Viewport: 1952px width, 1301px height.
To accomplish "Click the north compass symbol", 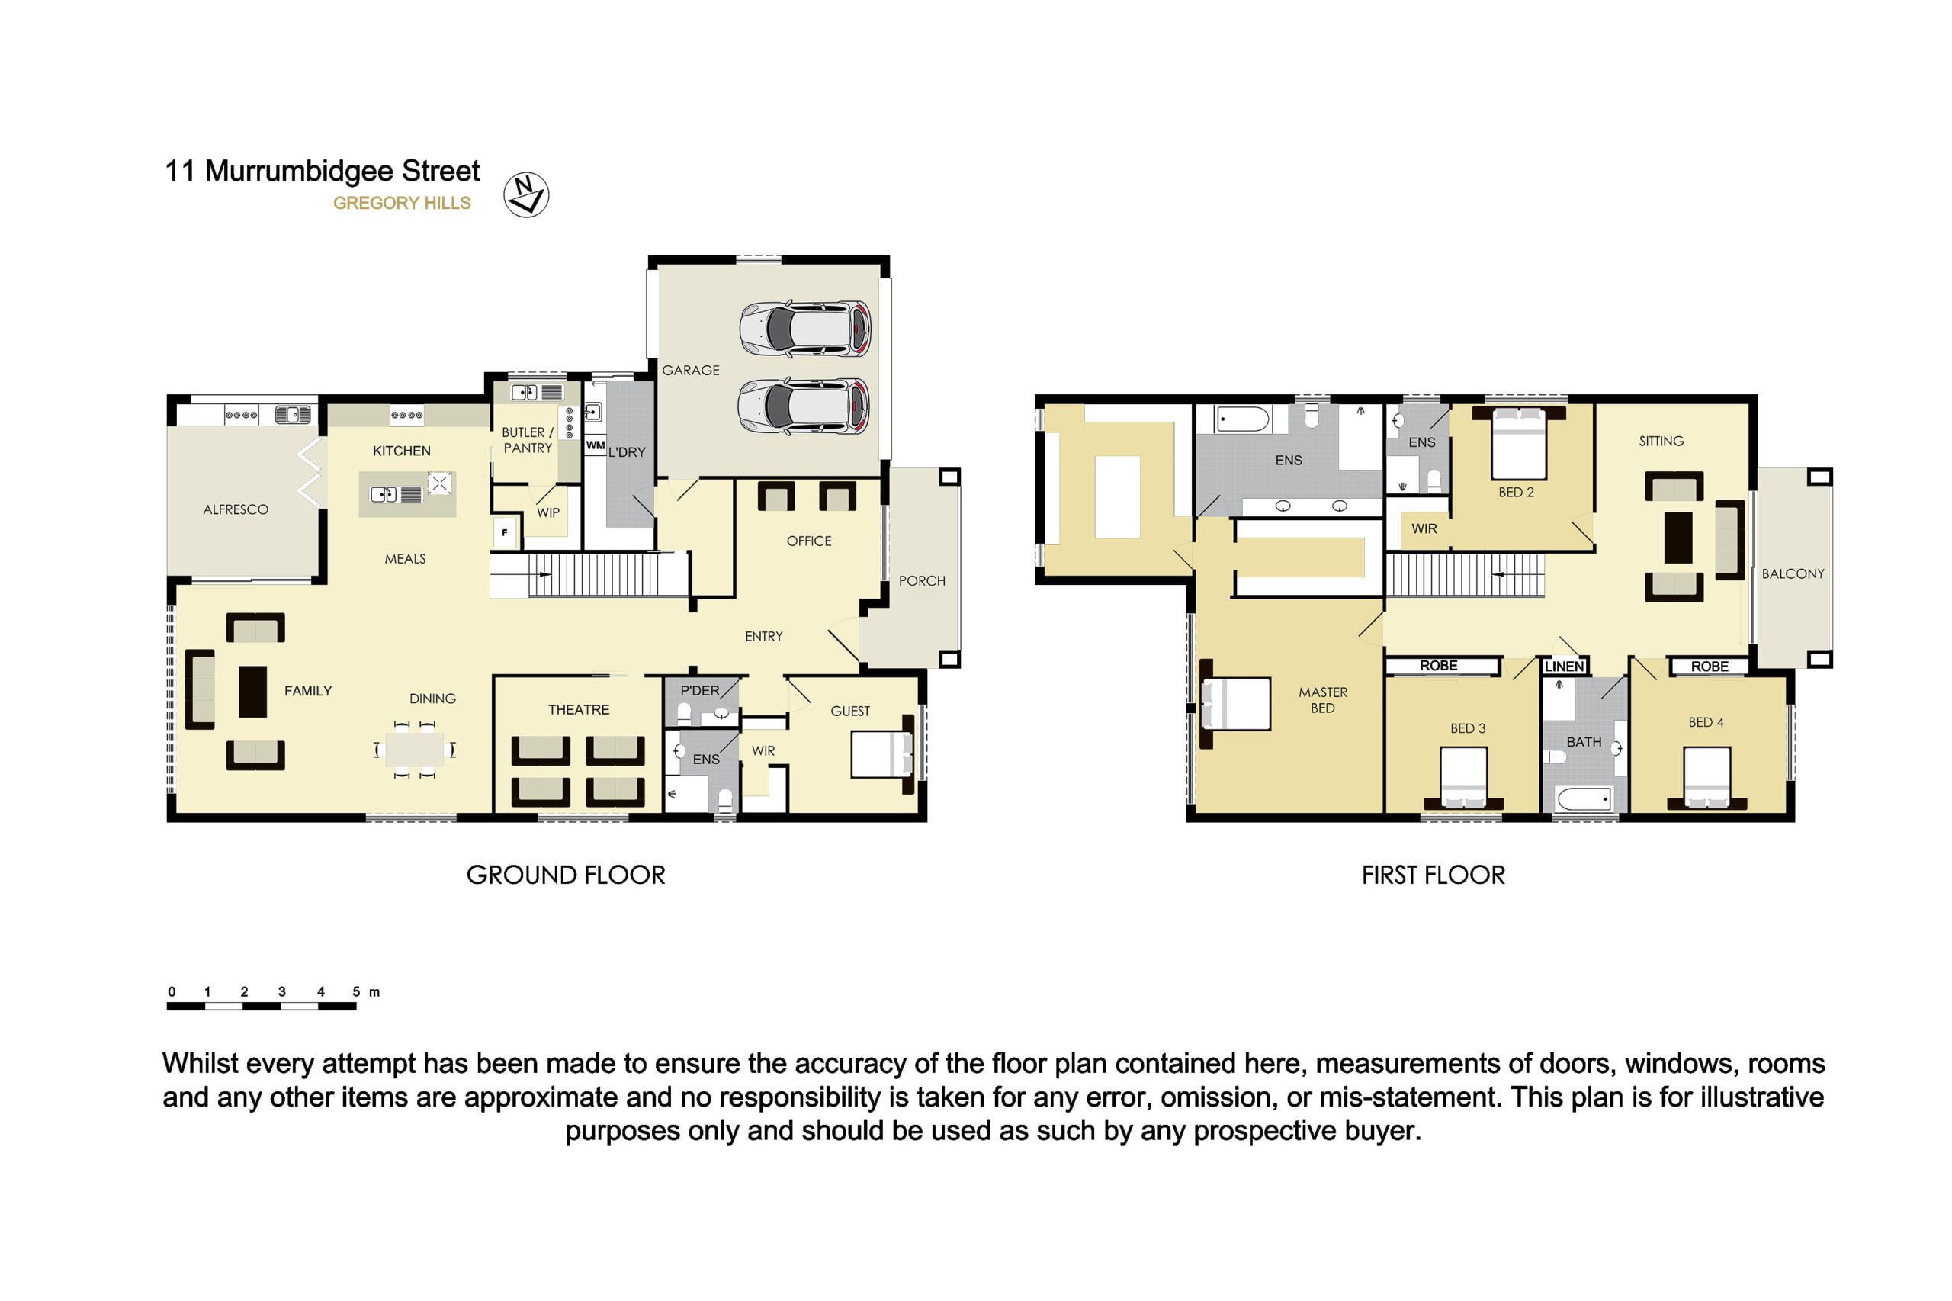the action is pyautogui.click(x=526, y=195).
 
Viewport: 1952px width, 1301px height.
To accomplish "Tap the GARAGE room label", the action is pyautogui.click(x=690, y=370).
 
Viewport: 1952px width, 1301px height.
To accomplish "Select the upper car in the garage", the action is pyautogui.click(x=804, y=329).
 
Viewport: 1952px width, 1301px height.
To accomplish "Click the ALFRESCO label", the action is pyautogui.click(x=236, y=509).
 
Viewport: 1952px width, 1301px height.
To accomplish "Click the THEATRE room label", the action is pyautogui.click(x=578, y=709).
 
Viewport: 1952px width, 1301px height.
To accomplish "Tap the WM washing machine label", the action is pyautogui.click(x=595, y=445).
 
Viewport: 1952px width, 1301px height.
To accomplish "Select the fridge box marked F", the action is pyautogui.click(x=504, y=533).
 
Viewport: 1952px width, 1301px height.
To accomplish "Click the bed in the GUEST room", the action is pyautogui.click(x=883, y=754).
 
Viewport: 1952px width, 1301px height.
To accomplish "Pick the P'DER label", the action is pyautogui.click(x=699, y=690).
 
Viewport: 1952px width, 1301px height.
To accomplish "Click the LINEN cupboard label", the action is pyautogui.click(x=1564, y=667).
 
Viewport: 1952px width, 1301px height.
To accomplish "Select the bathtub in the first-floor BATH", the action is pyautogui.click(x=1584, y=800).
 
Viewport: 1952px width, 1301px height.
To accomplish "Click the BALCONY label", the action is pyautogui.click(x=1793, y=573).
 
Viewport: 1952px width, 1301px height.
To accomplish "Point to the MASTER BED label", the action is pyautogui.click(x=1322, y=699).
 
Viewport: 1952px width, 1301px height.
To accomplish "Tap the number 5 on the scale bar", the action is pyautogui.click(x=356, y=991).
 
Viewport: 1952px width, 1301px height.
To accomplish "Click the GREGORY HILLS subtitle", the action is pyautogui.click(x=402, y=204).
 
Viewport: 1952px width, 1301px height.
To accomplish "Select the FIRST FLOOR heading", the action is pyautogui.click(x=1433, y=875).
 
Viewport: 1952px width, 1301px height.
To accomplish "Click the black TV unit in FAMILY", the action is pyautogui.click(x=253, y=691).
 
